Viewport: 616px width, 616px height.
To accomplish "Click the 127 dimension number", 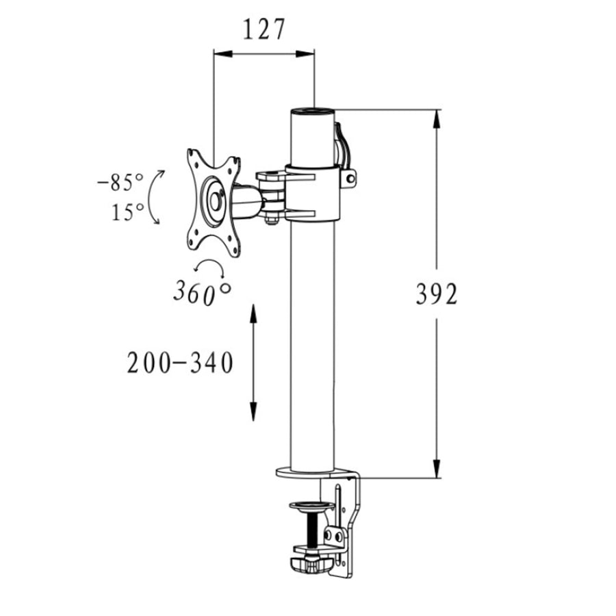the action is click(x=264, y=29).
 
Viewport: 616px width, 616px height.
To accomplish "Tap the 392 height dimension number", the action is click(x=437, y=294).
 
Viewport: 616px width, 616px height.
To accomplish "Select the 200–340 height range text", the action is click(x=180, y=363).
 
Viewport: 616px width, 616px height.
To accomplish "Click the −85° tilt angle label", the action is click(x=120, y=182).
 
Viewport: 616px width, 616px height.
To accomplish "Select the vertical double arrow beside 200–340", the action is click(x=253, y=363).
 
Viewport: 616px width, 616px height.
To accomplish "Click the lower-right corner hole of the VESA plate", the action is click(x=235, y=250).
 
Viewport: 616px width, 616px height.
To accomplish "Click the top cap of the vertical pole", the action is click(x=313, y=111).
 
